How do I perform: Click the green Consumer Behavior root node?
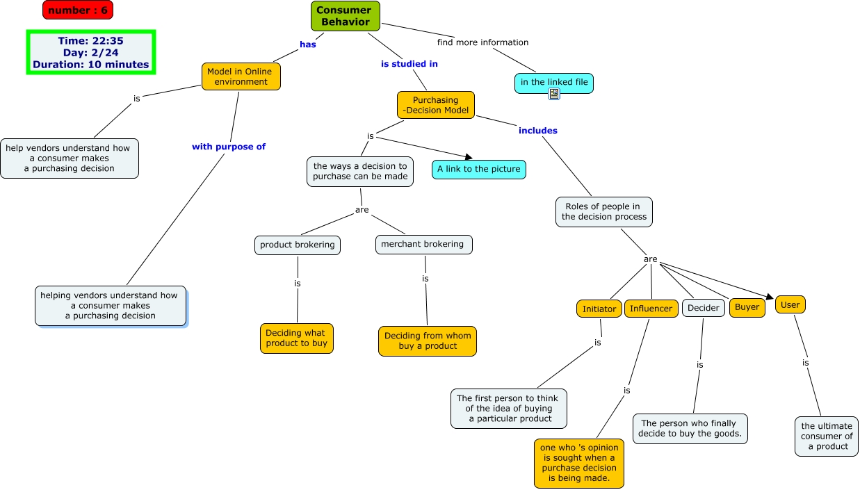(x=346, y=16)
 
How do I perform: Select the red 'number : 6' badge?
(x=78, y=10)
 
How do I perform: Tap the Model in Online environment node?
(x=241, y=76)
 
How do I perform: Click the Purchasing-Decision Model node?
(x=436, y=105)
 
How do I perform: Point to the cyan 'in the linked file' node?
(x=554, y=82)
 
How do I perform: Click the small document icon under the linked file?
(x=554, y=94)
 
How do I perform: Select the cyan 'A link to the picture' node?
(x=479, y=170)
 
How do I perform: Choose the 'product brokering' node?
(x=297, y=245)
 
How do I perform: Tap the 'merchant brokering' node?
(x=424, y=244)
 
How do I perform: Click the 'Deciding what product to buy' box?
(x=297, y=338)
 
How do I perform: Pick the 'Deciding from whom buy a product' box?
(x=428, y=341)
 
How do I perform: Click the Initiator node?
(x=599, y=309)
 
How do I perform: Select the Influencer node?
(x=651, y=309)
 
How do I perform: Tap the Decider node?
(x=703, y=308)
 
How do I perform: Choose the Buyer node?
(x=747, y=307)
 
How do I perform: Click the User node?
(x=790, y=304)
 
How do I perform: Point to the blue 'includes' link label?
(x=537, y=131)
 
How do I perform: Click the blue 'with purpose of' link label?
(x=229, y=147)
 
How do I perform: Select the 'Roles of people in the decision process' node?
(x=604, y=212)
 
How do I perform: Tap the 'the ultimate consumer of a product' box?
(x=826, y=436)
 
